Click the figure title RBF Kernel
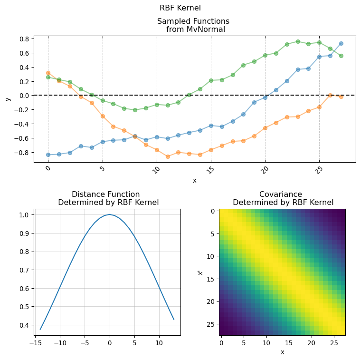[180, 8]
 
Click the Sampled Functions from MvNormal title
[193, 25]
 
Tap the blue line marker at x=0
[48, 155]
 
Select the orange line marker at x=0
[48, 73]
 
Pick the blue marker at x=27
[341, 43]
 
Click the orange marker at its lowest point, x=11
[168, 156]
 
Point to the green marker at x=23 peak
[298, 41]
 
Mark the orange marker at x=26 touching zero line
[330, 95]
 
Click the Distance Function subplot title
[108, 198]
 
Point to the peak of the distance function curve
[110, 214]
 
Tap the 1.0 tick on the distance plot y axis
[24, 215]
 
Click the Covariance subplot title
[283, 198]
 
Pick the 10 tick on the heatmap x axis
[266, 342]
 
